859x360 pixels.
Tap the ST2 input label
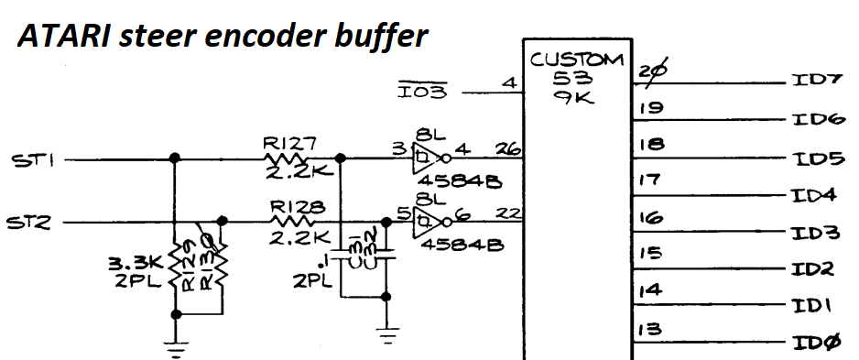click(31, 223)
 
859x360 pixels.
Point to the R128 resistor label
click(292, 206)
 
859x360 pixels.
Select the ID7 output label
click(816, 81)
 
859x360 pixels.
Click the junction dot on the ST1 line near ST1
click(175, 159)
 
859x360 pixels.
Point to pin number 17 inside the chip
click(649, 180)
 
